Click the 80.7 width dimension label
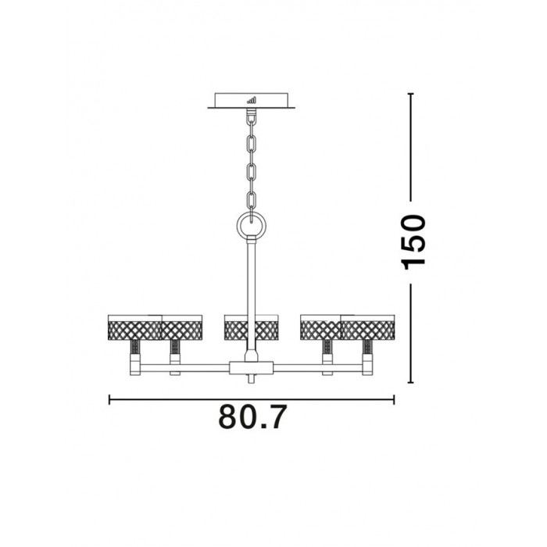coord(252,417)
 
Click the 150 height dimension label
coord(413,242)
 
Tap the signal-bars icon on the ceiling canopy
coord(251,100)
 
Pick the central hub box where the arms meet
coord(251,368)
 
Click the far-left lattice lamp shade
coord(134,327)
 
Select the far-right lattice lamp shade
coord(368,327)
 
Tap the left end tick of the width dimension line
coord(109,399)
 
